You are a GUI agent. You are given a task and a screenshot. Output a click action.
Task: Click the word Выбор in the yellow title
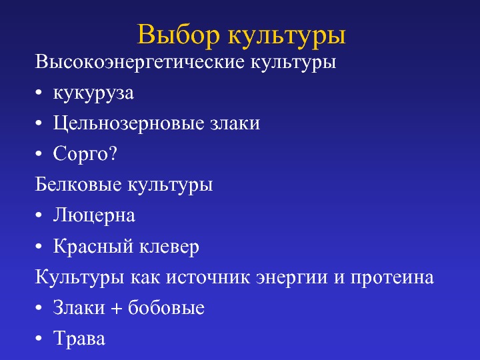click(178, 34)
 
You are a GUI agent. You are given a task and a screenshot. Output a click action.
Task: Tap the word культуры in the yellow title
click(287, 37)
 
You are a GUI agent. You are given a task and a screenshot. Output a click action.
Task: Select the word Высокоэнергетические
click(140, 62)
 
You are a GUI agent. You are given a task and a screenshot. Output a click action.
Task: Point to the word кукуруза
click(93, 93)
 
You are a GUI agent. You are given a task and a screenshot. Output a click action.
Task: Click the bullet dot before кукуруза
click(38, 93)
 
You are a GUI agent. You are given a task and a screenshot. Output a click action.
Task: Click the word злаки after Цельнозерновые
click(235, 124)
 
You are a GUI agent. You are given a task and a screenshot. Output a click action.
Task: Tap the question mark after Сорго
click(113, 153)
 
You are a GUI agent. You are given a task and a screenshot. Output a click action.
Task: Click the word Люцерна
click(94, 215)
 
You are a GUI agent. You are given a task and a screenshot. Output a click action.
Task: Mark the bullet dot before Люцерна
click(38, 215)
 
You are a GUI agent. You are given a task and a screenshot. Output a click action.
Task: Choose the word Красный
click(93, 247)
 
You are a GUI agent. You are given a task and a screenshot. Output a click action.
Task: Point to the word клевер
click(169, 247)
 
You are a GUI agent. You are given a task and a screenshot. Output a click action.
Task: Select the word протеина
click(392, 277)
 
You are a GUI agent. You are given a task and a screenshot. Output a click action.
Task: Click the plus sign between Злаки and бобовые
click(116, 308)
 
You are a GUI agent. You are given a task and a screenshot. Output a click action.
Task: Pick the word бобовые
click(166, 307)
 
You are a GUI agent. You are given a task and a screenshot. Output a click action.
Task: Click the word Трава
click(79, 338)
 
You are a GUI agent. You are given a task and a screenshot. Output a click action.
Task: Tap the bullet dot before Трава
click(38, 338)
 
